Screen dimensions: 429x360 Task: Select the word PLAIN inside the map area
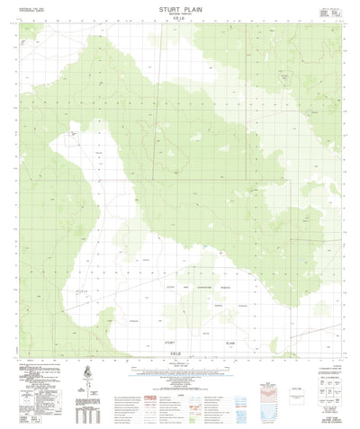coord(229,343)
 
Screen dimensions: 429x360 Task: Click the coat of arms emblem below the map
coord(86,371)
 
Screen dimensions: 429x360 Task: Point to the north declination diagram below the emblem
coord(86,388)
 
